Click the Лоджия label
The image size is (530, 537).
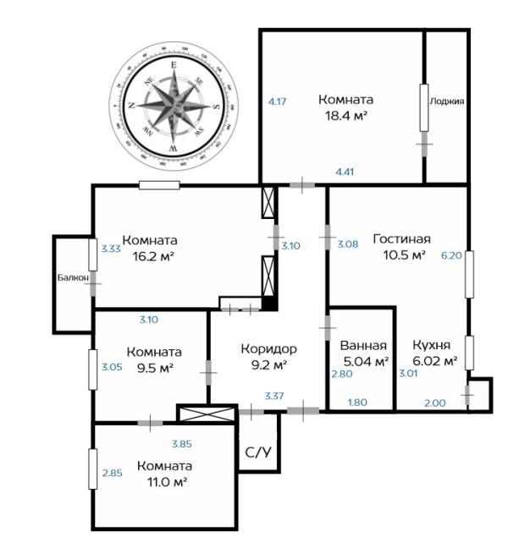(x=447, y=101)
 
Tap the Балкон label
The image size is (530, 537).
(x=73, y=277)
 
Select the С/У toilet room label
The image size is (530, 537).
(x=258, y=452)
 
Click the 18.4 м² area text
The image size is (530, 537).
(x=346, y=116)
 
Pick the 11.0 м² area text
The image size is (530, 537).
(x=167, y=483)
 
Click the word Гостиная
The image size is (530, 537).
(x=402, y=239)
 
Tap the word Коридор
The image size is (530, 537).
(x=268, y=349)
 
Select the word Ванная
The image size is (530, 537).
(x=363, y=346)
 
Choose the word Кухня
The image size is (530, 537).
(x=432, y=345)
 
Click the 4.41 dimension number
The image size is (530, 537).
(x=345, y=172)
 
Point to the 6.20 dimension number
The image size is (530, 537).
(x=451, y=255)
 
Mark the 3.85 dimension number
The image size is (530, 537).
(x=182, y=444)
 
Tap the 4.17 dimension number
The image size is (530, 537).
(x=277, y=101)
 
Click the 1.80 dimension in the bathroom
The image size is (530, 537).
(x=357, y=402)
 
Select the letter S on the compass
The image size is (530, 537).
(x=216, y=107)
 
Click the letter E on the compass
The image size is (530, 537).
(x=174, y=65)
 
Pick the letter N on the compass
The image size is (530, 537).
(x=131, y=106)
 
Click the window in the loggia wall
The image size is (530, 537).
(x=424, y=107)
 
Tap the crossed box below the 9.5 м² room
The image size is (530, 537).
(x=207, y=414)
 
